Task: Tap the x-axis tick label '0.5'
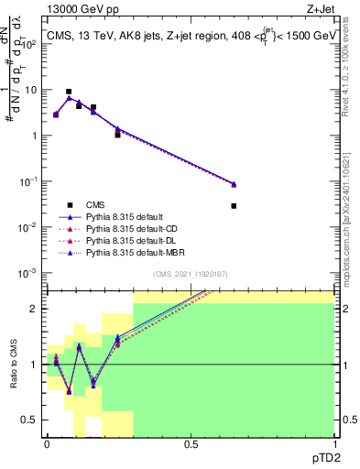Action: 191,444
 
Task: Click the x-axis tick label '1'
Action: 335,444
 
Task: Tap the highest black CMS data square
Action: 69,92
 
